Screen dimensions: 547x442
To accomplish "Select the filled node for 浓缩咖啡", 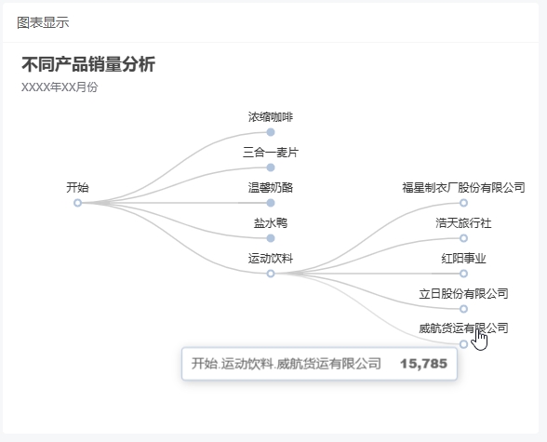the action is tap(271, 132).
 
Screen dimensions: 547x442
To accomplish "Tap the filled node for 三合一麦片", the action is tap(271, 167).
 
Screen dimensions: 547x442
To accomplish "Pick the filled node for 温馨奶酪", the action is tap(271, 203).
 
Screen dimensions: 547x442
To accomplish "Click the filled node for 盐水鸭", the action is tap(271, 238).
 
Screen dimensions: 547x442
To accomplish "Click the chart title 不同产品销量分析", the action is tap(88, 64).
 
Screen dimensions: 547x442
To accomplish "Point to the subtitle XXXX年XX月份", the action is tap(60, 87).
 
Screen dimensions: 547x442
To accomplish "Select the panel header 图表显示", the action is tap(43, 22).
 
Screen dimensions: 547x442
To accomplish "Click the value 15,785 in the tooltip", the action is tap(423, 364).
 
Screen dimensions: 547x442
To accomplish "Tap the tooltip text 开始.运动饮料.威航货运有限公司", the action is tap(287, 364).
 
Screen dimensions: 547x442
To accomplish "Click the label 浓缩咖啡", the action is tap(271, 117).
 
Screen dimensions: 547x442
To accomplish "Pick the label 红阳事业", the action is tap(463, 259).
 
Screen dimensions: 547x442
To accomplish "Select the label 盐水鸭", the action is tap(271, 223).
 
